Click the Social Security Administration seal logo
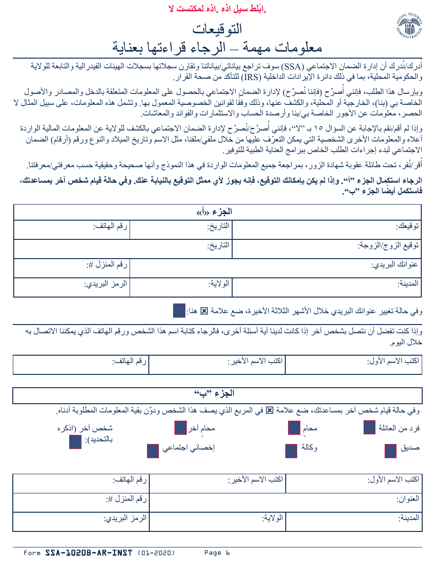[408, 26]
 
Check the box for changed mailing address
[179, 310]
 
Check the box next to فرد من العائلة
[370, 428]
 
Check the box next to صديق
[391, 451]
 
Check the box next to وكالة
[291, 451]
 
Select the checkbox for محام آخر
[180, 428]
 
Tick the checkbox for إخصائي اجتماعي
[152, 451]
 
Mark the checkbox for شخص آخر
[75, 442]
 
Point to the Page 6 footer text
[217, 553]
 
